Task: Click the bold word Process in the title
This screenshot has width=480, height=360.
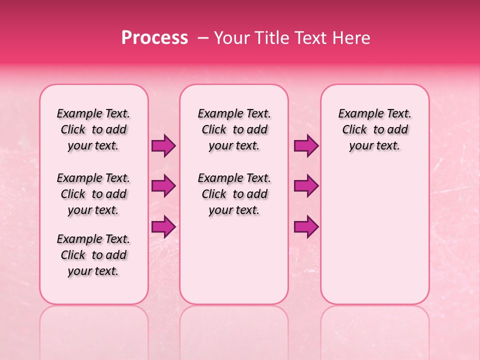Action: pyautogui.click(x=154, y=38)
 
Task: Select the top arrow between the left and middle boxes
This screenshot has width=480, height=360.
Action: pyautogui.click(x=163, y=145)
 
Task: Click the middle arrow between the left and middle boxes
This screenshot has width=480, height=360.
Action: pyautogui.click(x=163, y=186)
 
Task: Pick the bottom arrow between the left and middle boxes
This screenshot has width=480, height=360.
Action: pyautogui.click(x=163, y=226)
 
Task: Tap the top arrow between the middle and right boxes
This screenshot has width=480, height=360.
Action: pyautogui.click(x=306, y=145)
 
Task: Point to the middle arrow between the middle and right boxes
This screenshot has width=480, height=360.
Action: pyautogui.click(x=306, y=186)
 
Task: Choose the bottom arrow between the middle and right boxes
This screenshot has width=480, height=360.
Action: pyautogui.click(x=306, y=226)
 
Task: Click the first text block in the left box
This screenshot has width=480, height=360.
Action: pyautogui.click(x=93, y=129)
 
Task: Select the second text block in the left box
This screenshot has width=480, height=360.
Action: pyautogui.click(x=93, y=194)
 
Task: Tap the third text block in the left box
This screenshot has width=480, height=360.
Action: pyautogui.click(x=93, y=255)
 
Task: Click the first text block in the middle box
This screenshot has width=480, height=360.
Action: pyautogui.click(x=234, y=129)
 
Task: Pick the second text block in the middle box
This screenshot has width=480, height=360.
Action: pyautogui.click(x=234, y=194)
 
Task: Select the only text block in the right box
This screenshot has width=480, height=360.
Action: pyautogui.click(x=375, y=129)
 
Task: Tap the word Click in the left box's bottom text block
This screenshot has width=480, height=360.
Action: pyautogui.click(x=73, y=255)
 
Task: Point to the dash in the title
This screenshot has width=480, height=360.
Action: pyautogui.click(x=203, y=38)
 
